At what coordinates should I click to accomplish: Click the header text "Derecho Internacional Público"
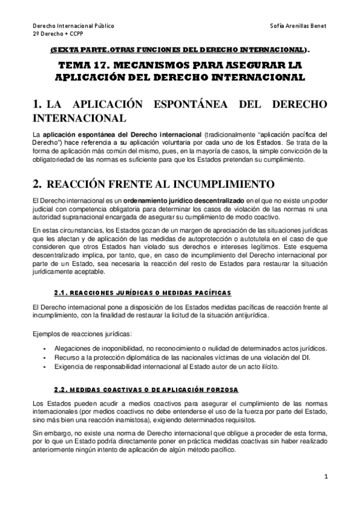[73, 26]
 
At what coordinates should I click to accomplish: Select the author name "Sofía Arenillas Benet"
[299, 26]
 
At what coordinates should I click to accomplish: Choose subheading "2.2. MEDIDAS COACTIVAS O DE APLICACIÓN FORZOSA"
[146, 389]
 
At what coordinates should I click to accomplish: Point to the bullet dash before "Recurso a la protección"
[45, 357]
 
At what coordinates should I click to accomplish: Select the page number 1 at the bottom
[325, 478]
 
